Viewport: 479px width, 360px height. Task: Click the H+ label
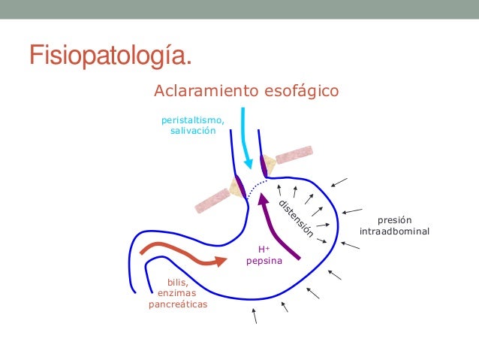click(264, 250)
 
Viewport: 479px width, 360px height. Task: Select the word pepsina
click(264, 261)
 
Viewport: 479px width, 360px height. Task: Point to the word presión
click(395, 219)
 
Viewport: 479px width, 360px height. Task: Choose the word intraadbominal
click(395, 231)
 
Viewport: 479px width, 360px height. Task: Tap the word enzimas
click(177, 294)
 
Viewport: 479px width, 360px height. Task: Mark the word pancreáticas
click(177, 305)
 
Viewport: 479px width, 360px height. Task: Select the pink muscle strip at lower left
click(212, 199)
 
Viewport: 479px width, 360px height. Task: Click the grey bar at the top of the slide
click(239, 8)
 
